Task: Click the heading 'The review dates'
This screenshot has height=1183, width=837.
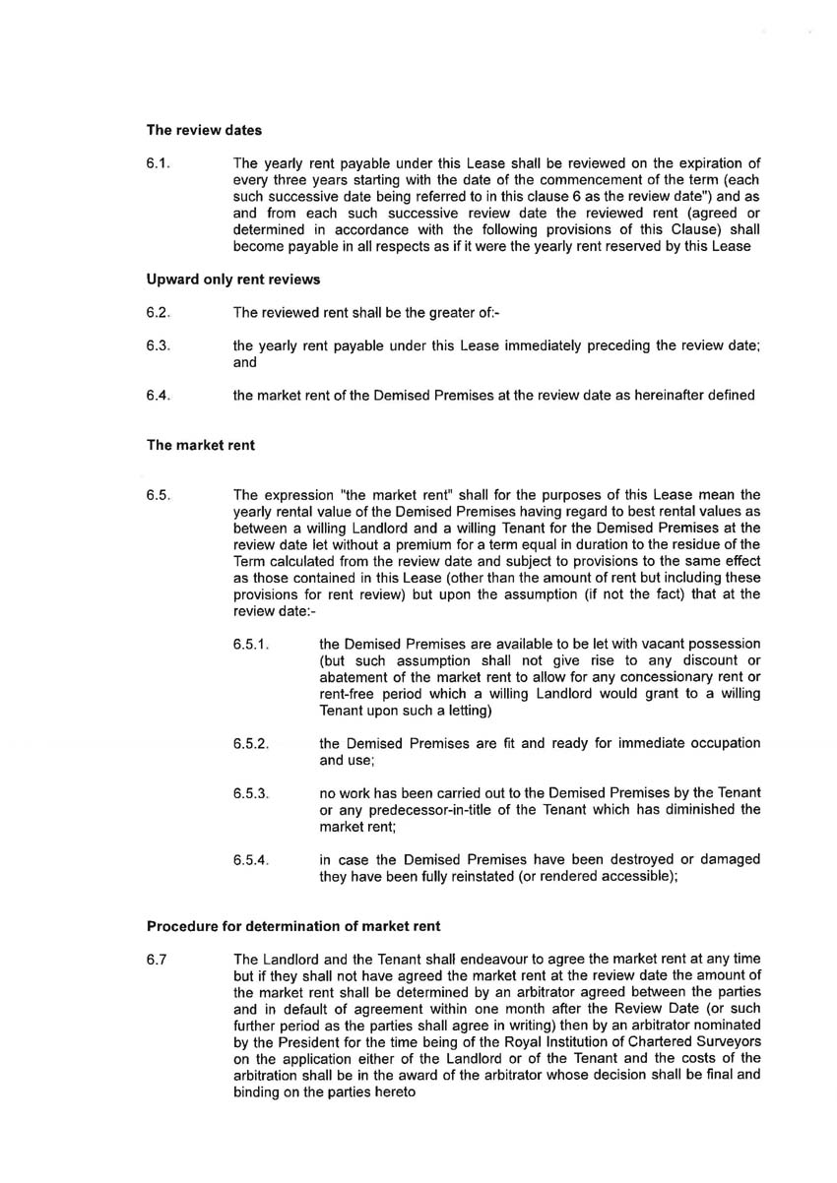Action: (204, 129)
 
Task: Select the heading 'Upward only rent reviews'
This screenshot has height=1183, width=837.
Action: (233, 280)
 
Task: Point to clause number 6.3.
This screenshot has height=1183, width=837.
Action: (159, 345)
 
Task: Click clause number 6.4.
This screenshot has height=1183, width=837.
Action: (159, 396)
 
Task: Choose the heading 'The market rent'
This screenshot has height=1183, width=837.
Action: (201, 445)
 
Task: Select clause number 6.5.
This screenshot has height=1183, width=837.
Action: (159, 495)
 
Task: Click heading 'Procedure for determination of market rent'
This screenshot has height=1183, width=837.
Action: (293, 925)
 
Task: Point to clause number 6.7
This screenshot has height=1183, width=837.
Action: (157, 959)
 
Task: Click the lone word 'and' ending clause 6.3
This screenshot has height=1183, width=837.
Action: (245, 362)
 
